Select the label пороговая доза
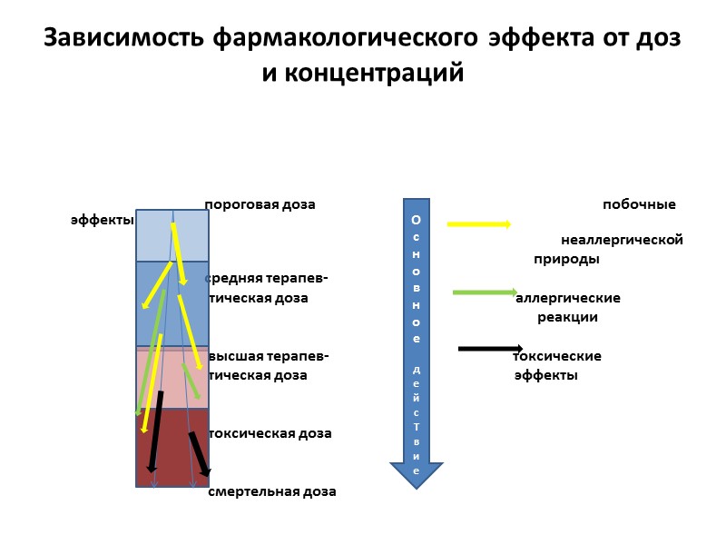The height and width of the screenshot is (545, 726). pyautogui.click(x=260, y=204)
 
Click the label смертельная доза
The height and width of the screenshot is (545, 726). pyautogui.click(x=272, y=491)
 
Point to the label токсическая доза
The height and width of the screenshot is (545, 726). pyautogui.click(x=270, y=433)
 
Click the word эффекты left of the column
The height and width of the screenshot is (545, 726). pyautogui.click(x=103, y=220)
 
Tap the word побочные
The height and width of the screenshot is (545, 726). pyautogui.click(x=639, y=204)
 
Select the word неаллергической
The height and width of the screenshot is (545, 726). pyautogui.click(x=622, y=240)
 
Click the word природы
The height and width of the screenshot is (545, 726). pyautogui.click(x=565, y=259)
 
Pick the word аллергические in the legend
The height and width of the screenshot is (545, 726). pyautogui.click(x=568, y=298)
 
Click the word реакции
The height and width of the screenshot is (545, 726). pyautogui.click(x=567, y=317)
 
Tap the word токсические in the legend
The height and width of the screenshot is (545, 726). pyautogui.click(x=557, y=356)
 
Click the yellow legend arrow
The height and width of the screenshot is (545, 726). pyautogui.click(x=479, y=224)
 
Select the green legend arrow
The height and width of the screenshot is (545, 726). pyautogui.click(x=484, y=292)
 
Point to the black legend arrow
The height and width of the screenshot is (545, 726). pyautogui.click(x=490, y=348)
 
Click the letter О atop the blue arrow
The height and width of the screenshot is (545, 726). pyautogui.click(x=417, y=220)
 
